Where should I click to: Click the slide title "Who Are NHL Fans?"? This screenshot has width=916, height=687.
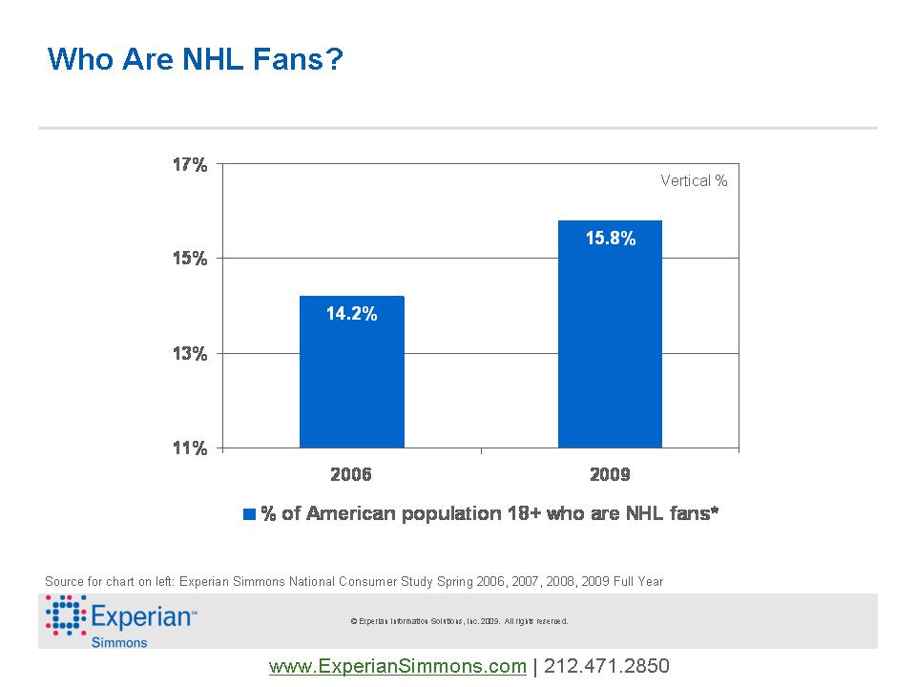coord(195,60)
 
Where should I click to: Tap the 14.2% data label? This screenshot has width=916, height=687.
coord(351,313)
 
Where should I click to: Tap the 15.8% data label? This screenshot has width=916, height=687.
coord(610,239)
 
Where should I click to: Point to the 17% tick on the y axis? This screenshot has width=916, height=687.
coord(189,165)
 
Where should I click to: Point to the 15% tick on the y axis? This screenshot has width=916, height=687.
coord(189,259)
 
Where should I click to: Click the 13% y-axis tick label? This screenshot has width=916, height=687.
coord(189,354)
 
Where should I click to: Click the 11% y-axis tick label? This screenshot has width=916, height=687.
coord(189,448)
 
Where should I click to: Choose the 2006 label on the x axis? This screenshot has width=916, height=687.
coord(351,473)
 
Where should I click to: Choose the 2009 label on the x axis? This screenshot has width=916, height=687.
coord(610,473)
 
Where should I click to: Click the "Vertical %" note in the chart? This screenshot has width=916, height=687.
coord(694,180)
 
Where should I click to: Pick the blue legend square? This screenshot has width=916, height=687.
coord(250,514)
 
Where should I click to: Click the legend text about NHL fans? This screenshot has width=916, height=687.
coord(489,513)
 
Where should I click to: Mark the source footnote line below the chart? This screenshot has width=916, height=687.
coord(353,581)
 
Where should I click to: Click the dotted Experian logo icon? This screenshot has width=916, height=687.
coord(66,615)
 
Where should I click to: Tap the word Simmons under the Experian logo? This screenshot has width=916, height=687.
coord(119,642)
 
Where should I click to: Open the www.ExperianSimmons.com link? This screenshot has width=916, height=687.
coord(398,666)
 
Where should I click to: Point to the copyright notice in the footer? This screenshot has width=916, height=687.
coord(459,621)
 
